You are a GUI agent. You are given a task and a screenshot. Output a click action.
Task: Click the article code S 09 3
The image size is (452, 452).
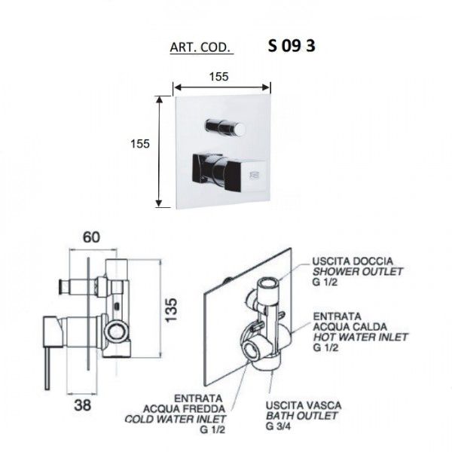(292, 46)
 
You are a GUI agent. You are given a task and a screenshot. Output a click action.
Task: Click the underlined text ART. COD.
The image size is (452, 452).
(200, 47)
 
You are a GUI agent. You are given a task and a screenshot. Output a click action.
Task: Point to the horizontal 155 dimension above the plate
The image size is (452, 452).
(218, 77)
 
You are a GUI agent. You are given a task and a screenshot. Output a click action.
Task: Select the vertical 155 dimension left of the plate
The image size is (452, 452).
(140, 144)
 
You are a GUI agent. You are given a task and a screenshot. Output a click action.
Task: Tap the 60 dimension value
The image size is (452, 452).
(91, 237)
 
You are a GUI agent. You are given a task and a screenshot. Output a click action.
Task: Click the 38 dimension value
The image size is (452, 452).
(82, 405)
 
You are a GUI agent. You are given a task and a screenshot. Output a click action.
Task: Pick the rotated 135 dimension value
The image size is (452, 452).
(171, 310)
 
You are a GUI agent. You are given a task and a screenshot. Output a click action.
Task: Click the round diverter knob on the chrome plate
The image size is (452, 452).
(225, 127)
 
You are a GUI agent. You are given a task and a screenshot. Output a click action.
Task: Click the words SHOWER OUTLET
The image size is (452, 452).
(357, 271)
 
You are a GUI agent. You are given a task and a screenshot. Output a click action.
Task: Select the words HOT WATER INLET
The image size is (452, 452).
(360, 337)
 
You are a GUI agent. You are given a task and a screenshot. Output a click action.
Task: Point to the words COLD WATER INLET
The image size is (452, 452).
(176, 419)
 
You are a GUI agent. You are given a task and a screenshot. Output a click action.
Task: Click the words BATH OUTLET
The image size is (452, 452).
(301, 416)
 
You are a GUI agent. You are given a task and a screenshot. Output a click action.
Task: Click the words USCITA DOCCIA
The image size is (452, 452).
(353, 261)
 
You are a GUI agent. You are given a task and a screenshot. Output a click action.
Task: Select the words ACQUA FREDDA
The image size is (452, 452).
(185, 409)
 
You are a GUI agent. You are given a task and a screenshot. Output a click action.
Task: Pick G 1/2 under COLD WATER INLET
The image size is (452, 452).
(212, 429)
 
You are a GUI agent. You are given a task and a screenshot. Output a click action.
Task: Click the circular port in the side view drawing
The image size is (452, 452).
(117, 331)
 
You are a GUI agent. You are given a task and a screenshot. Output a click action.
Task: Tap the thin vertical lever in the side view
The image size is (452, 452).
(47, 368)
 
